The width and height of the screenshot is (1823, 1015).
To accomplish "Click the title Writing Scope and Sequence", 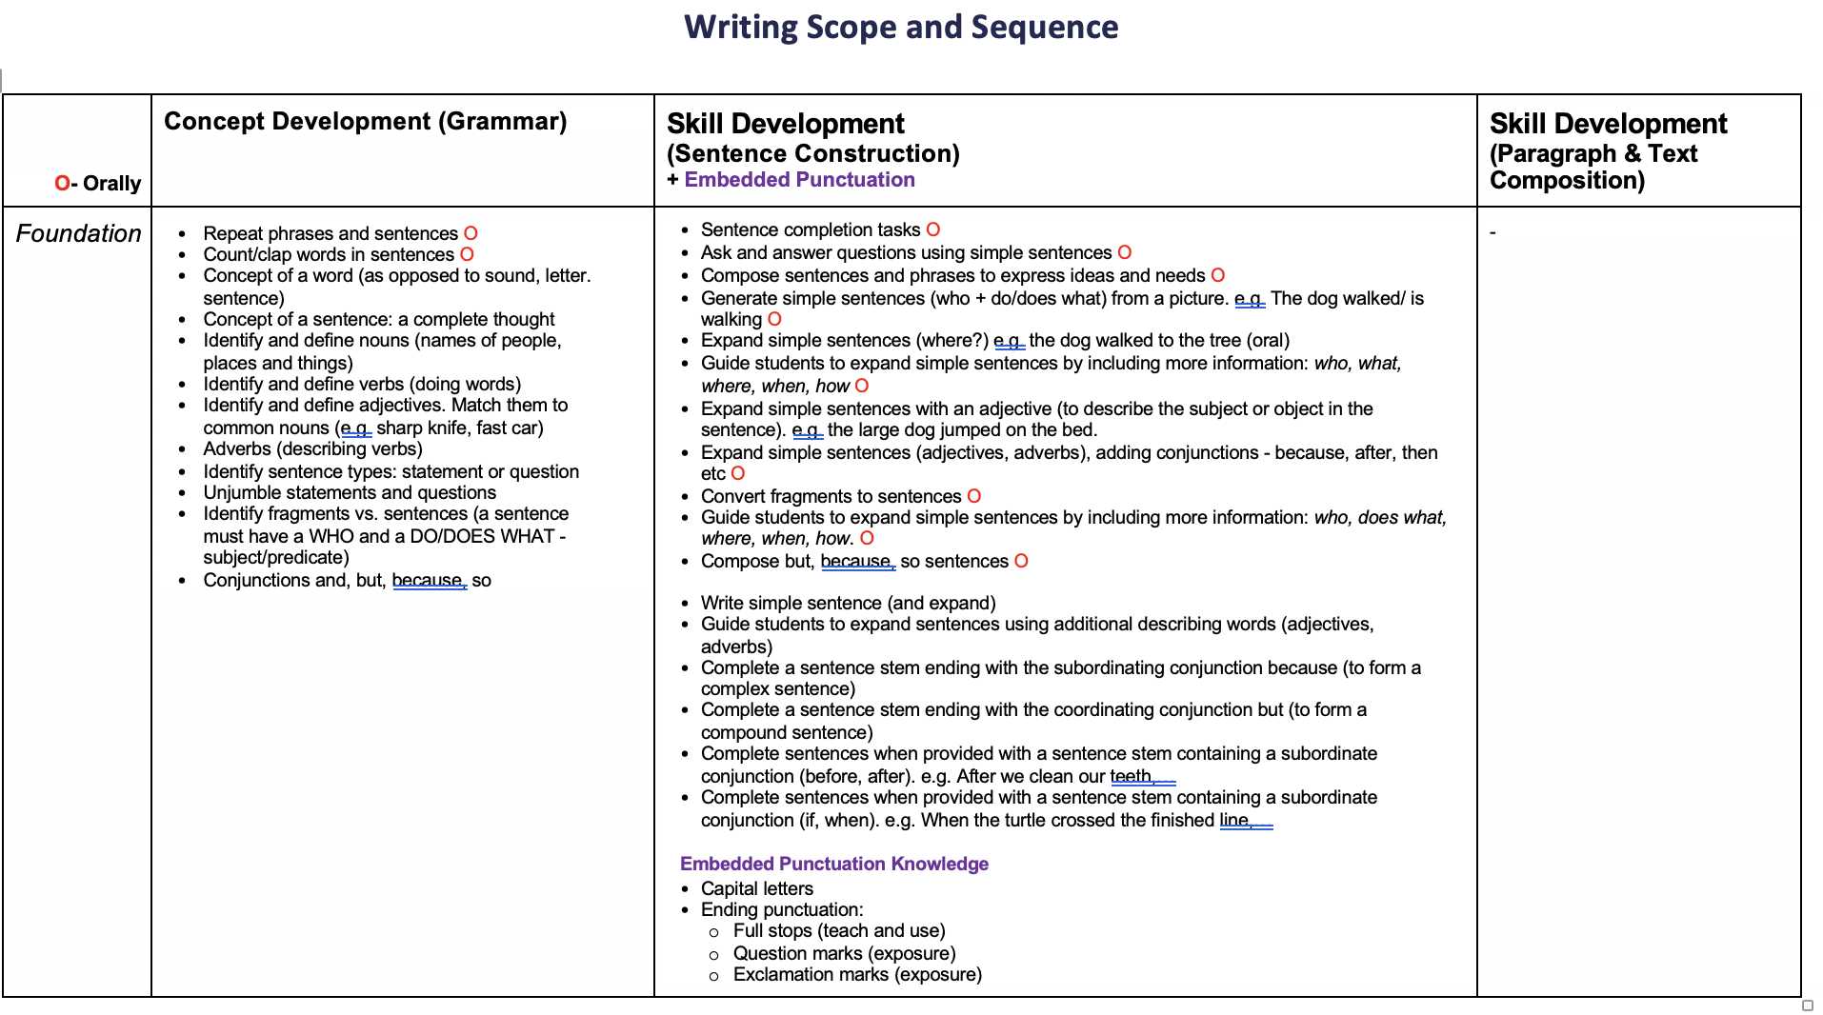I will click(901, 27).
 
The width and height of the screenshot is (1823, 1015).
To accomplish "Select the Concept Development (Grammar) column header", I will click(365, 121).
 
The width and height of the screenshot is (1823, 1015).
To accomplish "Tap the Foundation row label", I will click(78, 233).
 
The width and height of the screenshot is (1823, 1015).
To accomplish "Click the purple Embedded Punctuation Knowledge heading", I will click(833, 864).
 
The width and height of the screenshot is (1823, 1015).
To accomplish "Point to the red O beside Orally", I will click(62, 183).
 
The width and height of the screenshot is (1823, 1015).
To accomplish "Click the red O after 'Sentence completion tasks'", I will click(933, 229).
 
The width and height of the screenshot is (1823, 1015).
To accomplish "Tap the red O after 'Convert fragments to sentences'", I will click(973, 496).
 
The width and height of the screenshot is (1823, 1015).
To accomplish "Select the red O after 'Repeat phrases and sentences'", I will click(471, 233).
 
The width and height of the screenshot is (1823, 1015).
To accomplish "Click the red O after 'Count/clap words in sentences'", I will click(467, 254).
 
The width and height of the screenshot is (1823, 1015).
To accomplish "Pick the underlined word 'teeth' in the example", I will click(1131, 776).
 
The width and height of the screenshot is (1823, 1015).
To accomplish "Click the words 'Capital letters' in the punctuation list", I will click(756, 888).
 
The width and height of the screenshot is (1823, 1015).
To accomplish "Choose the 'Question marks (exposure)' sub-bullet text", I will click(844, 953).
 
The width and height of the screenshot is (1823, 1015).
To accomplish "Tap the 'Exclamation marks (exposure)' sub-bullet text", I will click(857, 974).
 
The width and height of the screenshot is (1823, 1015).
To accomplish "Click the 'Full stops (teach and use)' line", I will click(838, 930).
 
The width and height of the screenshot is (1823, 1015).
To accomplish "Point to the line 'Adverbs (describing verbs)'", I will click(312, 448).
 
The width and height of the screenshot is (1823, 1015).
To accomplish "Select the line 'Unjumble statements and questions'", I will click(349, 492).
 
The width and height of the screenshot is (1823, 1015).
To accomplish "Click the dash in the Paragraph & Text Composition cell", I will click(1492, 232).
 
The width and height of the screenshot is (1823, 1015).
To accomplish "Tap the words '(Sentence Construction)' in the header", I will click(812, 153).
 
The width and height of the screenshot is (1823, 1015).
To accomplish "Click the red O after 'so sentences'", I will click(1021, 561).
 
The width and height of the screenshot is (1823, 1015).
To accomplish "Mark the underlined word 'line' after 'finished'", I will click(1233, 820).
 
